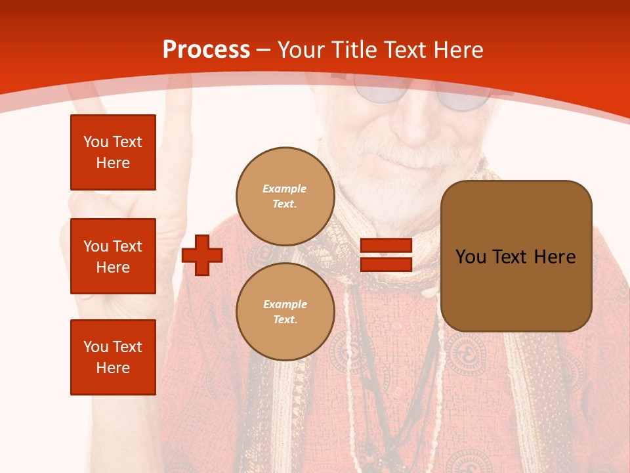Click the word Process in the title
(206, 50)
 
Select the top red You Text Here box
(113, 152)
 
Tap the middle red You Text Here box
(113, 256)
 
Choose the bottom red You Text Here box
(113, 357)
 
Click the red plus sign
(202, 256)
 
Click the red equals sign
(386, 255)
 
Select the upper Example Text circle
(285, 196)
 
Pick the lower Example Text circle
(285, 312)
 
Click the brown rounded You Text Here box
(516, 256)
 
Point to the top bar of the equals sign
(386, 246)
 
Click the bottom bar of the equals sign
(386, 264)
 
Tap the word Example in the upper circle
(285, 189)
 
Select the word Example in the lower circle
(285, 304)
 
